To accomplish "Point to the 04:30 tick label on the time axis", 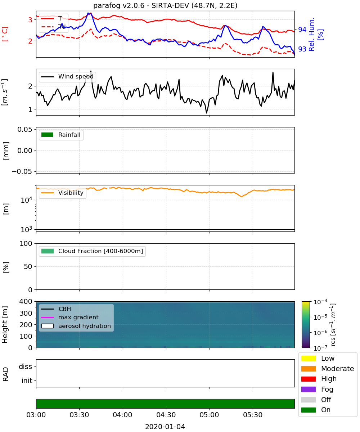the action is click(x=166, y=415).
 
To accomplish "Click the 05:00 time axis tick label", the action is click(x=209, y=415).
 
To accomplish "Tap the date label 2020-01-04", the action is click(x=165, y=427).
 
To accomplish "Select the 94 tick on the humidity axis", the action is click(x=302, y=30).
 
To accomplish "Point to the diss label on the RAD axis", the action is click(x=25, y=366).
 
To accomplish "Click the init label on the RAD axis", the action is click(x=27, y=381).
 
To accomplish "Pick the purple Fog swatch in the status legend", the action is click(x=308, y=390).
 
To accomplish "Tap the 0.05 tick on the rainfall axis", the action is click(x=25, y=129).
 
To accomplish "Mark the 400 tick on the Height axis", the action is click(x=26, y=301).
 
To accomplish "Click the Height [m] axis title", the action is click(x=5, y=325).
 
